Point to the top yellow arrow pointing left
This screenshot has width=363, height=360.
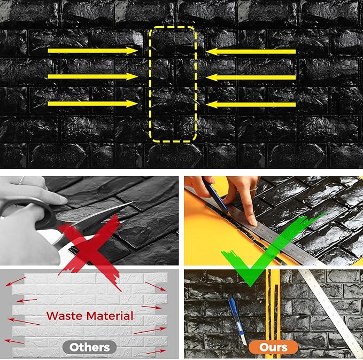(251, 51)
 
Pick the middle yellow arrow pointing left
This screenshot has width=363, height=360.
(251, 77)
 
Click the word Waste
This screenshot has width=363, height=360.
(67, 316)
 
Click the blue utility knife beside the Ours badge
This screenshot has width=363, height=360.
(236, 318)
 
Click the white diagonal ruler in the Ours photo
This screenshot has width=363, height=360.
(321, 304)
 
